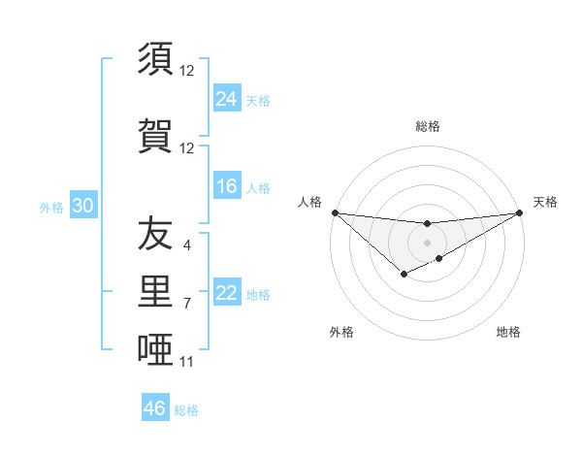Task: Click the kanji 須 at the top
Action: [156, 59]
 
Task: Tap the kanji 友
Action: [156, 234]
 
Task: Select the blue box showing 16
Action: [227, 186]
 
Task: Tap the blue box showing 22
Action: [227, 293]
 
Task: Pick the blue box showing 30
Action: [82, 206]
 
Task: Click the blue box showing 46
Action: [155, 408]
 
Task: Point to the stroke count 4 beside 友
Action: [187, 245]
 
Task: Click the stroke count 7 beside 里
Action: [187, 304]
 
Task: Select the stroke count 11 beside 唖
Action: [187, 362]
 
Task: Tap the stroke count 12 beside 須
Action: [187, 71]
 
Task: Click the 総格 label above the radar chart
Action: [428, 126]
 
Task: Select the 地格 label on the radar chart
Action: [508, 332]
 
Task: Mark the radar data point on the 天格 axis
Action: [520, 212]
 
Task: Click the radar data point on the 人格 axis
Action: [335, 212]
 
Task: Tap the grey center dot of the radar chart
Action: [427, 242]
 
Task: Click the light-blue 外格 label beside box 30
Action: [51, 207]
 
